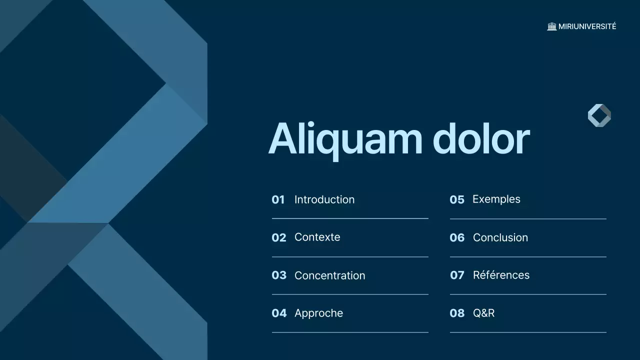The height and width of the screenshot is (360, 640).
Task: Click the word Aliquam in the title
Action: pos(345,139)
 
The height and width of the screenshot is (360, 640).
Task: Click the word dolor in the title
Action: pos(480,138)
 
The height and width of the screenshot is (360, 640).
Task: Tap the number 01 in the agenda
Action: pos(278,200)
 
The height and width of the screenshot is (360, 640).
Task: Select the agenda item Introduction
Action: pos(324,199)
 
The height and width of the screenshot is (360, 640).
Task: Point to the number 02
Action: pos(279,237)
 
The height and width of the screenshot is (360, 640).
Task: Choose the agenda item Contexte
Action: pos(317,237)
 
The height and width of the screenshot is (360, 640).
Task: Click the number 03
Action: pos(279,275)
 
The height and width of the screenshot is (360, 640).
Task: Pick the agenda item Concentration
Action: pos(329,275)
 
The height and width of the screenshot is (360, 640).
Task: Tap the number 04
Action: pos(279,313)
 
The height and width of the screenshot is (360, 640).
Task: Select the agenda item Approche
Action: pos(318,313)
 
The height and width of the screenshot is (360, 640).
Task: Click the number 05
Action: pos(457,200)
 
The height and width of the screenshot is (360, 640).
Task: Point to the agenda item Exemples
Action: pos(496,199)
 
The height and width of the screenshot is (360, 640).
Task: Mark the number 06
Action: pos(457,237)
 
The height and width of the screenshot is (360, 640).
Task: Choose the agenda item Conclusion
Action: pos(500,237)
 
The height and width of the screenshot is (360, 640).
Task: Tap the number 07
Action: pos(457,275)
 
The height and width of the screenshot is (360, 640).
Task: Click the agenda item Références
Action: pos(501,275)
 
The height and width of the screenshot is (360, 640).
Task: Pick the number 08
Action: pos(457,313)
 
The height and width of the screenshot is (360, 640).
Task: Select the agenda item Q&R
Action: pos(483,313)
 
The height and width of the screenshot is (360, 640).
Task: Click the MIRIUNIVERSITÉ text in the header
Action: pos(587,26)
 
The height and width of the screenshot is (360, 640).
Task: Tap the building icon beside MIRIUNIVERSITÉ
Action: pos(552,26)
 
